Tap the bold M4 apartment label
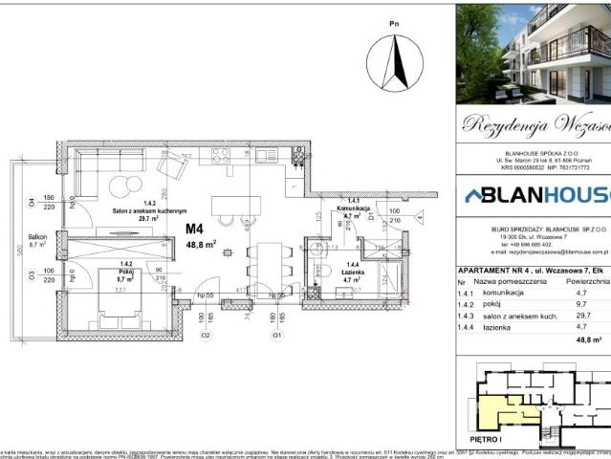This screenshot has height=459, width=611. pos(195,229)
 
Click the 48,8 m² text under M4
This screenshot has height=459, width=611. pos(201,244)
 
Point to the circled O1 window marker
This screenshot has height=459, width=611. pos(276,336)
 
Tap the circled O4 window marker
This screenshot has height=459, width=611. pos(31,202)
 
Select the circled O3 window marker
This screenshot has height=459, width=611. pos(31,277)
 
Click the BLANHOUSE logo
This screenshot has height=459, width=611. pos(535,195)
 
